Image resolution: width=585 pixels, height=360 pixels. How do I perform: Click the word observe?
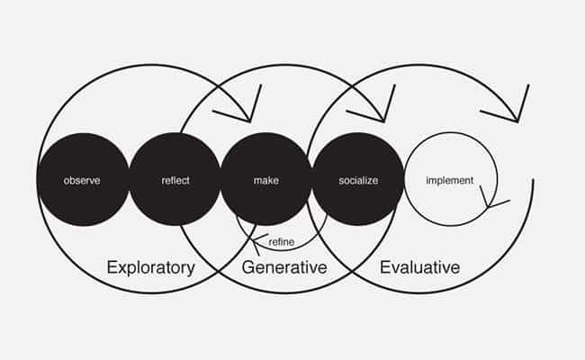82,181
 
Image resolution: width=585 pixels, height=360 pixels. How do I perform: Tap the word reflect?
175,181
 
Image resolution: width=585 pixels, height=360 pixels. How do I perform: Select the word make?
266,181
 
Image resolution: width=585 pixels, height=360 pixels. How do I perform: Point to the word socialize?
358,181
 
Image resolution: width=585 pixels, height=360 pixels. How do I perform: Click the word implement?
450,181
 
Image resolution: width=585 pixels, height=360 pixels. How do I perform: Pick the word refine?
282,242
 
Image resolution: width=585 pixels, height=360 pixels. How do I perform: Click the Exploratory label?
150,268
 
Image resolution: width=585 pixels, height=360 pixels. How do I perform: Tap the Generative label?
284,267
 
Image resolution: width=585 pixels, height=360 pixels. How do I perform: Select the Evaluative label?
419,267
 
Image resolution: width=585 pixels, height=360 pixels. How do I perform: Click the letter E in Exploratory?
112,267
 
